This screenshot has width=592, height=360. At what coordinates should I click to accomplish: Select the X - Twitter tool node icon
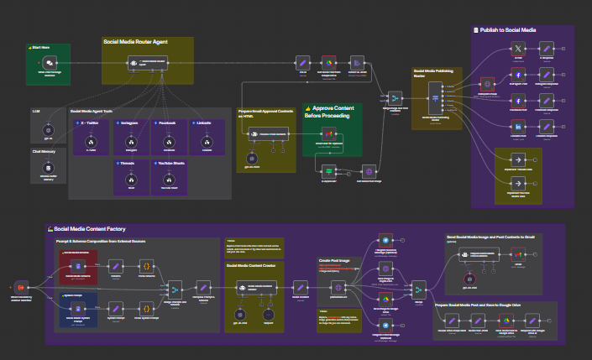coord(90,142)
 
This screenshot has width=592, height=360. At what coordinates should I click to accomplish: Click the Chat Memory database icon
coord(48,169)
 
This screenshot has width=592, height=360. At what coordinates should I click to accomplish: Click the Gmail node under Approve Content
coord(330,135)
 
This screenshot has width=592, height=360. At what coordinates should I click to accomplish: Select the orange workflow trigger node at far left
coord(21,287)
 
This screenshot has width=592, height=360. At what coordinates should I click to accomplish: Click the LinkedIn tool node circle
coord(206,142)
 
